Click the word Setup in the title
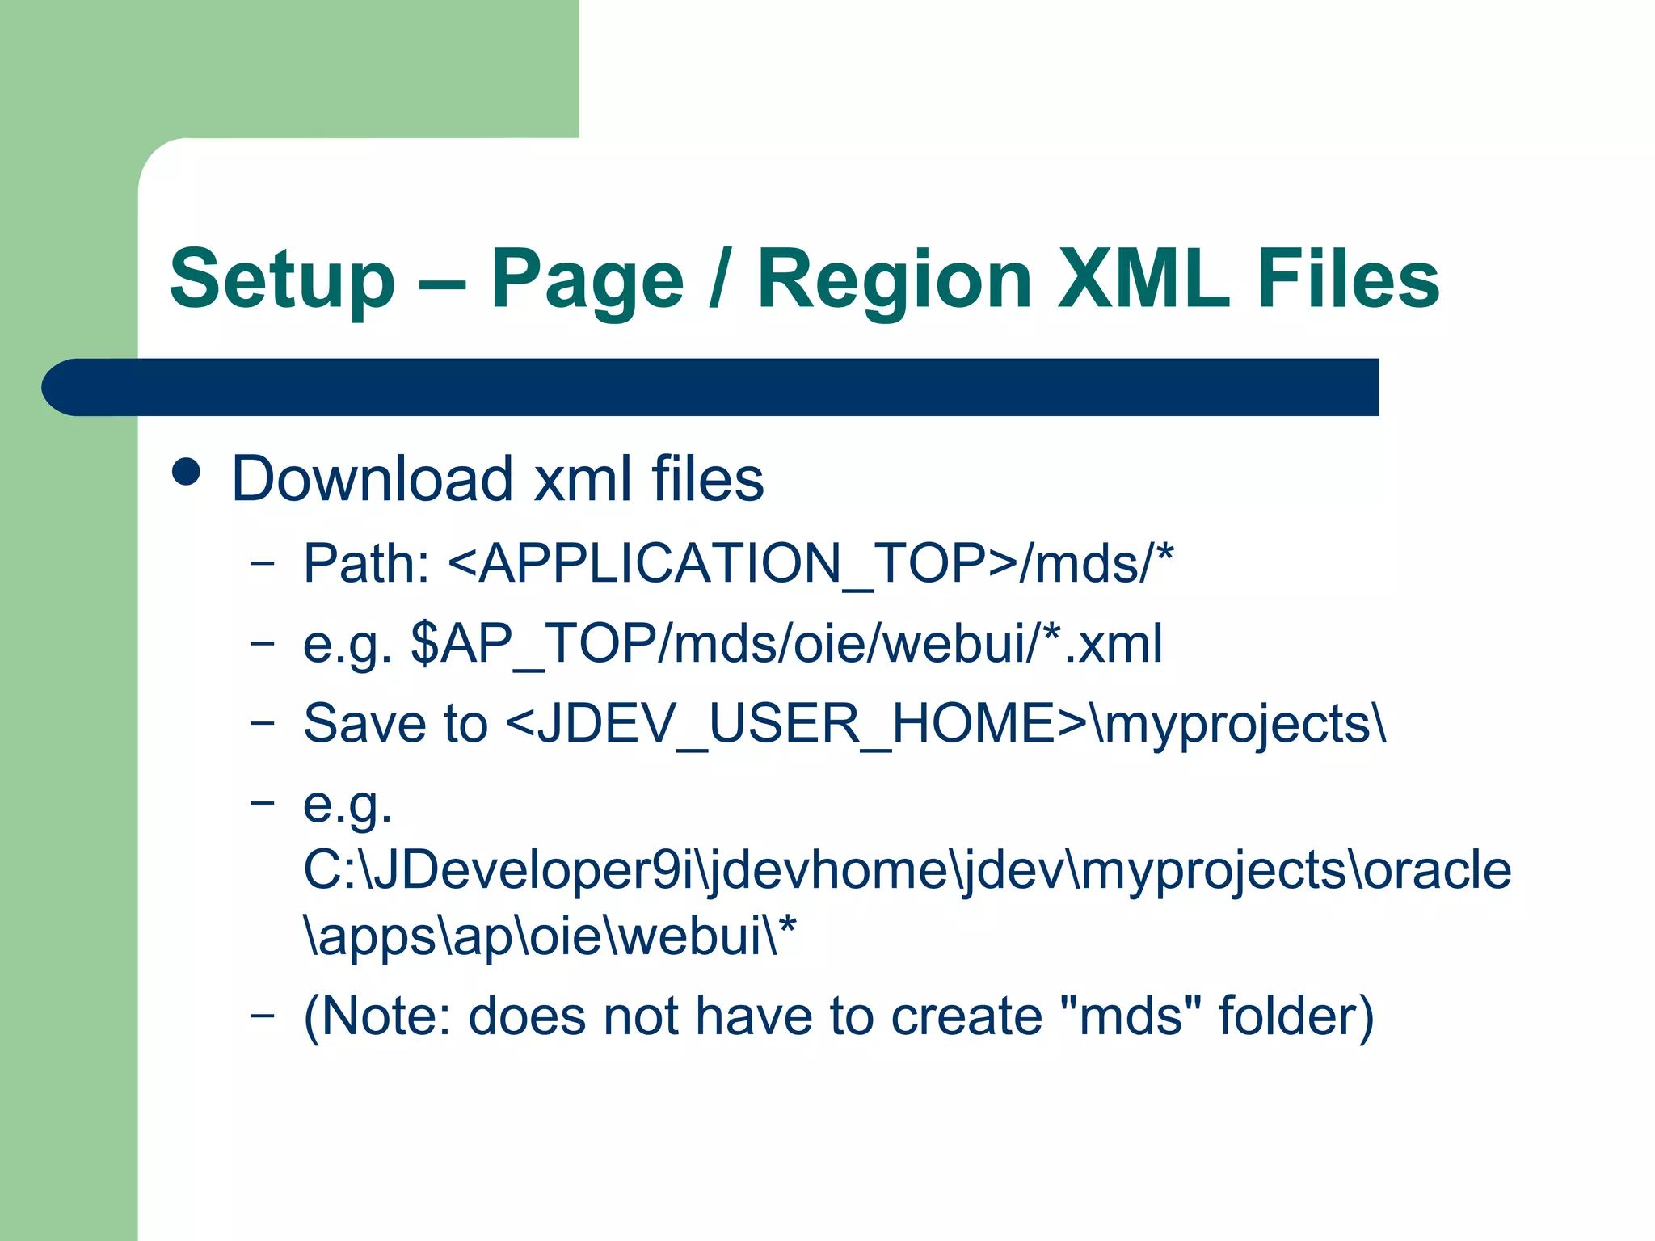pyautogui.click(x=282, y=280)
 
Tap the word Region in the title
pyautogui.click(x=894, y=280)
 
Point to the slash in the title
pyautogui.click(x=715, y=280)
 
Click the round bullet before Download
pyautogui.click(x=187, y=472)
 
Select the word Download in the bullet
pyautogui.click(x=372, y=478)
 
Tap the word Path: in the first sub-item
pyautogui.click(x=366, y=563)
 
